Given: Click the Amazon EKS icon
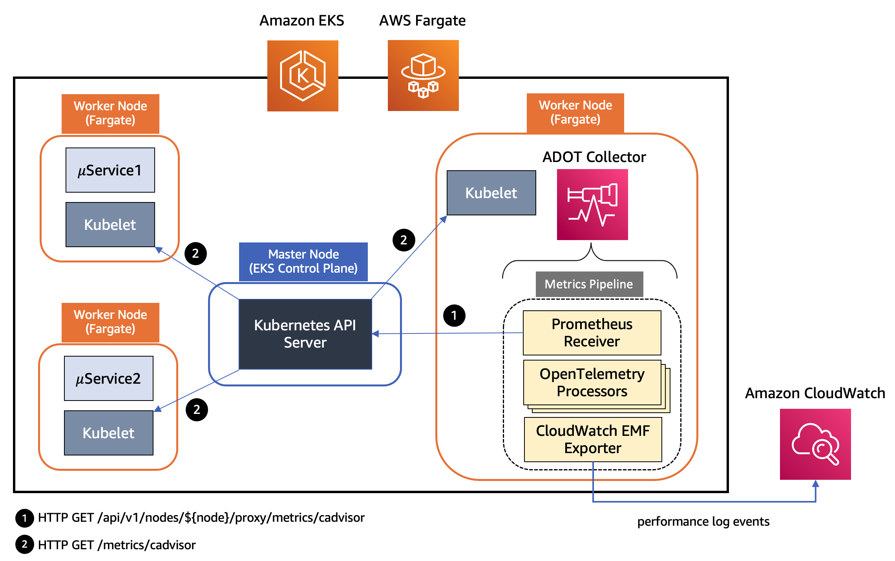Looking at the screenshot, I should pyautogui.click(x=303, y=76).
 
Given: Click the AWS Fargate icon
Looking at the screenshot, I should pyautogui.click(x=423, y=75).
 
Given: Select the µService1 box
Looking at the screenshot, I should pyautogui.click(x=110, y=170).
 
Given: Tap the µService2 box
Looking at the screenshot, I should pyautogui.click(x=109, y=378).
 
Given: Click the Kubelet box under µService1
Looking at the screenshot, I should pyautogui.click(x=110, y=224).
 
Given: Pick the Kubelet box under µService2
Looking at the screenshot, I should pyautogui.click(x=109, y=433).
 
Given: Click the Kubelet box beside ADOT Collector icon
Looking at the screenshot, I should pyautogui.click(x=491, y=193).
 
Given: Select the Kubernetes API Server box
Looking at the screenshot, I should pyautogui.click(x=305, y=334).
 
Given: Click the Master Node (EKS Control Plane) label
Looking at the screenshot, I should pyautogui.click(x=303, y=261).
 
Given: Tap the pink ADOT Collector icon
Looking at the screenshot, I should pyautogui.click(x=592, y=204).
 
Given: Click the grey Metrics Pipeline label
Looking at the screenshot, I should pyautogui.click(x=589, y=284).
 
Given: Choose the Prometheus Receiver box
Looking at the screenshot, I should pyautogui.click(x=592, y=333).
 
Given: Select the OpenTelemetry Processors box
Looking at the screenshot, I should pyautogui.click(x=592, y=382).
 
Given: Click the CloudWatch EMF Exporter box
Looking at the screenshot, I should pyautogui.click(x=593, y=439).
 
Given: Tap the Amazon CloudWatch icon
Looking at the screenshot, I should pyautogui.click(x=815, y=444).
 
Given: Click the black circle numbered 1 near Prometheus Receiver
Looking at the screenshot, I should pyautogui.click(x=454, y=315).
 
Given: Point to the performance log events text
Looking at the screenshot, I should pyautogui.click(x=703, y=521).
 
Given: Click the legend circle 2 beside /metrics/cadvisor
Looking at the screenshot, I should pyautogui.click(x=24, y=545).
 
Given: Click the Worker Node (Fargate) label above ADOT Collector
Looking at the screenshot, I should pyautogui.click(x=575, y=113).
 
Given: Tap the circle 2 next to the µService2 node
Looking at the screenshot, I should pyautogui.click(x=197, y=410).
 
